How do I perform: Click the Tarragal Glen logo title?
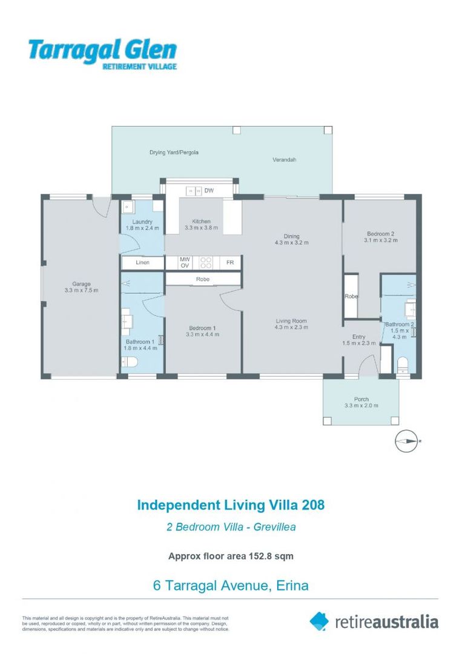(102, 50)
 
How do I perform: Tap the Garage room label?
(82, 283)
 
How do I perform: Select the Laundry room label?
(142, 222)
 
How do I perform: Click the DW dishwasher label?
(209, 191)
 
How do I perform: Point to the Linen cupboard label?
(142, 263)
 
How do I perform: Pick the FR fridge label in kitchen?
(230, 263)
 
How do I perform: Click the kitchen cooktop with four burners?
(206, 263)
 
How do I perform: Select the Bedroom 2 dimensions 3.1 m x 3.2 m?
(380, 240)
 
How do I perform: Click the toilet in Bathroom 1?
(129, 362)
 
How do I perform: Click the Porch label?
(361, 399)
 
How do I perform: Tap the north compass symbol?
(406, 441)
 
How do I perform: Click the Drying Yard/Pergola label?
(174, 153)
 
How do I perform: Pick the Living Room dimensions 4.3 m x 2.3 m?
(291, 328)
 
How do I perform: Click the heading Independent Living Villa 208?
(231, 504)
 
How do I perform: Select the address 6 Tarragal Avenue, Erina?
(231, 585)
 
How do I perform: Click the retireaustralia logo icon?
(319, 621)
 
